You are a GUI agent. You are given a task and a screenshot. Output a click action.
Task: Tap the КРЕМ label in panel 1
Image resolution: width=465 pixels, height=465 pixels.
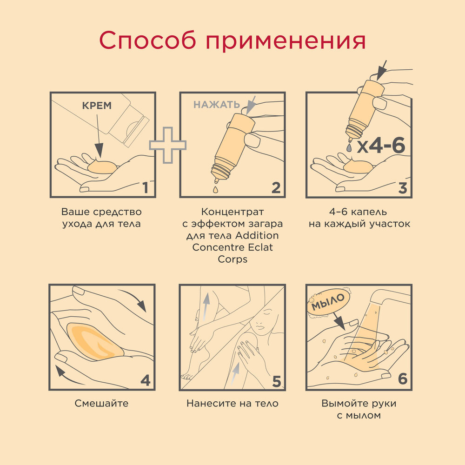pos(97,106)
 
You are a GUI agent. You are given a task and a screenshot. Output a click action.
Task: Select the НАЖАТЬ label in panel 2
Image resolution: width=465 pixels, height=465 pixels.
pos(217,104)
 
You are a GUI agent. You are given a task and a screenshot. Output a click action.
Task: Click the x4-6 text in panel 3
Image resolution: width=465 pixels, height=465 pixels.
pos(381,146)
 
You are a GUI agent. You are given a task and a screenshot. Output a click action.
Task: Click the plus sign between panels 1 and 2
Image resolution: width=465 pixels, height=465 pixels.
pos(167,145)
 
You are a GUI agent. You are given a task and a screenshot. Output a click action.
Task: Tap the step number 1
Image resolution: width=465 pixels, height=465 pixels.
pos(145,187)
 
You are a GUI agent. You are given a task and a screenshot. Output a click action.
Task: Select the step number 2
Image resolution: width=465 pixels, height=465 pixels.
pos(276,187)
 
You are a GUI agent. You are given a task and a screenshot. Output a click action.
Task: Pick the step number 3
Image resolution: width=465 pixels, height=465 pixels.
pos(403,187)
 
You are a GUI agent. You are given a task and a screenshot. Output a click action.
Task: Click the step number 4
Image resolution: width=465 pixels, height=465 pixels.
pos(145,381)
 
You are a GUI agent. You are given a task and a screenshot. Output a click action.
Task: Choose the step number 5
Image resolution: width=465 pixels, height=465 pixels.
pos(276,381)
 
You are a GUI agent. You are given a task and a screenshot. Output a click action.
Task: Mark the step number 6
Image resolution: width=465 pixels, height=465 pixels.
pos(403,379)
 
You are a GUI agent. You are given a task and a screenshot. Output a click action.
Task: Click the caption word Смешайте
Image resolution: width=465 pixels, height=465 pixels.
pos(101,403)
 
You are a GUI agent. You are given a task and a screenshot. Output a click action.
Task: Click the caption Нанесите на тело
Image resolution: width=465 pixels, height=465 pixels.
pos(232,403)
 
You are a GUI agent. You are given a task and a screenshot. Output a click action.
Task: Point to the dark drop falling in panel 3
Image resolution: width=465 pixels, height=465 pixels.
pos(348,146)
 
